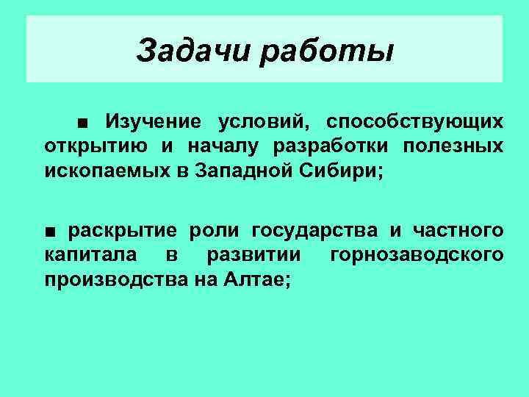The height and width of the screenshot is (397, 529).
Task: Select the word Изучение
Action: (x=154, y=121)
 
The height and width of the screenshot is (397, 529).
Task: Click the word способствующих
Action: (x=415, y=121)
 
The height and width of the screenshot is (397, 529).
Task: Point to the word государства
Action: (x=316, y=232)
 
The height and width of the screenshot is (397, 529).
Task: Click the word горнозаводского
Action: (x=417, y=255)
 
